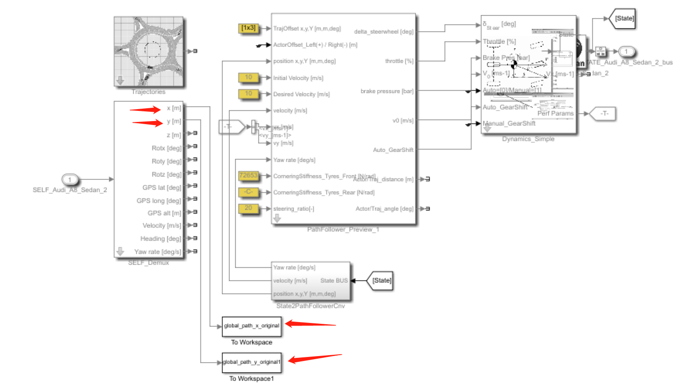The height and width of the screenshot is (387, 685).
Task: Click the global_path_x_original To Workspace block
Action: coord(251,326)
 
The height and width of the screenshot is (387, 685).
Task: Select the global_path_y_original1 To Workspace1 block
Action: coord(251,362)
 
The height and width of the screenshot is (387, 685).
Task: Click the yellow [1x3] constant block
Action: coord(248,28)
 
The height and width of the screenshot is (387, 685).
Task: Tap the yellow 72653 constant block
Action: coord(248,175)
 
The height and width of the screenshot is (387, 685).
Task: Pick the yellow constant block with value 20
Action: coord(248,208)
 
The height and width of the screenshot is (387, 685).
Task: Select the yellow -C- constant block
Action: coord(248,192)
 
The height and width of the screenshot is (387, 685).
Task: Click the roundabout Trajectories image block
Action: coord(148,52)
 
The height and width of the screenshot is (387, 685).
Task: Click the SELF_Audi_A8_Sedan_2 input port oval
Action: coord(69,179)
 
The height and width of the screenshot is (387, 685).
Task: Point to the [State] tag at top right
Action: coord(624,19)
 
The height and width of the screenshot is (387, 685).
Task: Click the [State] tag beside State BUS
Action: coord(381,281)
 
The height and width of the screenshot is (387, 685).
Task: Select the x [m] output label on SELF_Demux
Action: coord(174,108)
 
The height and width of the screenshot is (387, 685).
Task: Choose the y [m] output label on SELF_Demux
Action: coord(174,121)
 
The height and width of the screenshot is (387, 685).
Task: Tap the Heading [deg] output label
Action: coord(161,239)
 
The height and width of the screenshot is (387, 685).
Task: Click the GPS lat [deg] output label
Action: coord(162,188)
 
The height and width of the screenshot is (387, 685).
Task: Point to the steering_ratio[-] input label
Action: coord(294,209)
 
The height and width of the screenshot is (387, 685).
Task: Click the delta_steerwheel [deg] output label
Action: coord(383,32)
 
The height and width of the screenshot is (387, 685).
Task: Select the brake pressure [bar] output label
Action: coord(387,91)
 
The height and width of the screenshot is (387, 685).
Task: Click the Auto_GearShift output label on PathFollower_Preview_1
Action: coord(393,150)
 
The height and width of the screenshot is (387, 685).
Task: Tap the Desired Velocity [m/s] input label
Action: coord(301,94)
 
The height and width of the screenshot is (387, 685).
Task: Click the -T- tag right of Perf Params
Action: coord(604,114)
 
